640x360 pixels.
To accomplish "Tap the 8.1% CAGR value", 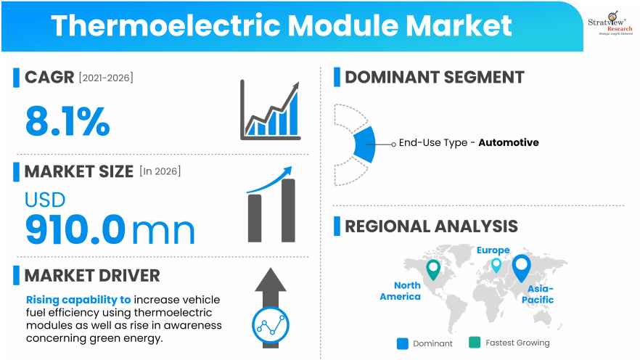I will coord(67,121).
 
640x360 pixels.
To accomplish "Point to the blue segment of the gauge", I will coord(364,144).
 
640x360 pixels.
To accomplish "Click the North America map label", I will coord(400,291).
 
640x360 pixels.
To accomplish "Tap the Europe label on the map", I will coord(493,250).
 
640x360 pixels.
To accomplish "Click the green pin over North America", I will coord(433,269).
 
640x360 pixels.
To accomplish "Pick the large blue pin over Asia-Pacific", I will coord(521,268).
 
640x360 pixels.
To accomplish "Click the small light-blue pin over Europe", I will coord(496,265).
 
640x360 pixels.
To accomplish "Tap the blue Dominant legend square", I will coord(403,343).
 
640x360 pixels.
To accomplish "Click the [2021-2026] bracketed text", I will coord(106,78).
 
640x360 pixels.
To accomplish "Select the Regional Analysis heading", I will coord(431,226).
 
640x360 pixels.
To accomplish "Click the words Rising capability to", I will coord(78,299).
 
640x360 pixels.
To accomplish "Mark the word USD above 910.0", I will coord(45,200).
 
